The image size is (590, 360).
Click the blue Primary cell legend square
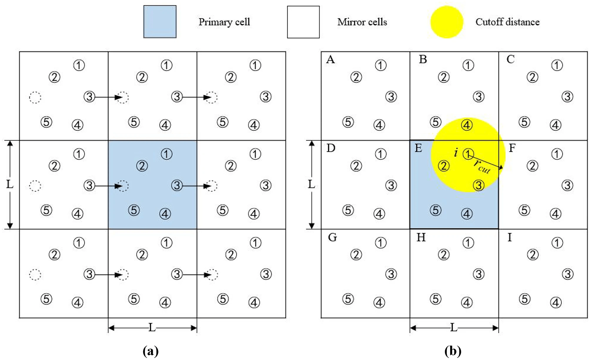[160, 22]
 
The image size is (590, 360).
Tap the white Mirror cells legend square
[303, 22]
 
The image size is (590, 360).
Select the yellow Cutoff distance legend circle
[447, 22]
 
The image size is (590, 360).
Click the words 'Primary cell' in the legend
[224, 22]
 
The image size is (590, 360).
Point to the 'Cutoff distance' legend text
[507, 22]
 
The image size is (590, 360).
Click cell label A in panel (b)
[330, 60]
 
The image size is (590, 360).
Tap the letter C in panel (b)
[510, 60]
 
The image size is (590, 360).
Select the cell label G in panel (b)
[332, 237]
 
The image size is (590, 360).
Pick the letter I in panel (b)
[509, 237]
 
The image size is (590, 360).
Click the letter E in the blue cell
[418, 148]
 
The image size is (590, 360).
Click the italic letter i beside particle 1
[456, 152]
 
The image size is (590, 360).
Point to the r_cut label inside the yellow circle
[482, 167]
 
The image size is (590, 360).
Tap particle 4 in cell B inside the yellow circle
[467, 125]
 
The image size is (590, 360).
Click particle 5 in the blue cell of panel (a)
[134, 210]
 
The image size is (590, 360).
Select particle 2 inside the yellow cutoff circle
[444, 166]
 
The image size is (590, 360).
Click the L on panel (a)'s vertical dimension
[10, 184]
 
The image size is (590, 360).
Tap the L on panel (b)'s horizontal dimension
[454, 327]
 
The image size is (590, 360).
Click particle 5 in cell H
[435, 299]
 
